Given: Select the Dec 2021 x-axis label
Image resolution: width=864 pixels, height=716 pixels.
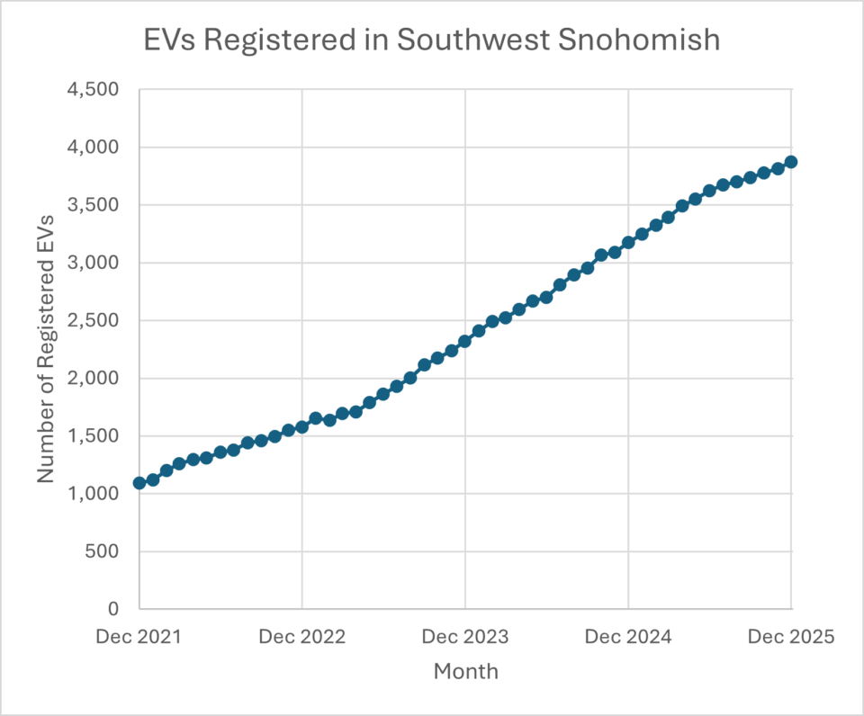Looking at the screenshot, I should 139,637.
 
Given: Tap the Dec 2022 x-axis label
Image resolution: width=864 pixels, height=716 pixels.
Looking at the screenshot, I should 301,637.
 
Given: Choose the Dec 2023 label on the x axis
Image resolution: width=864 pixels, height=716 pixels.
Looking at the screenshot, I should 465,637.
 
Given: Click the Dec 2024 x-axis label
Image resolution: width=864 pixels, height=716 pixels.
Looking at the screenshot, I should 628,637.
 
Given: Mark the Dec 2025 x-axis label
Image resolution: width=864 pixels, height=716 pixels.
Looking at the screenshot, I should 791,637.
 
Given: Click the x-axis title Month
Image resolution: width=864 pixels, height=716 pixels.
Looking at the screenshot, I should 465,671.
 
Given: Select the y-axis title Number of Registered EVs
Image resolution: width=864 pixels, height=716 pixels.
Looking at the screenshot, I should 46,349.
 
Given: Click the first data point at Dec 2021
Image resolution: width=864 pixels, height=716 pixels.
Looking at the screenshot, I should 139,483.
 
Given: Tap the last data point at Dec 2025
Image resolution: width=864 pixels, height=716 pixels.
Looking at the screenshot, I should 791,162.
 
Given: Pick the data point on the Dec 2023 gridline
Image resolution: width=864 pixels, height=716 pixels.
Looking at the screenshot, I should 465,341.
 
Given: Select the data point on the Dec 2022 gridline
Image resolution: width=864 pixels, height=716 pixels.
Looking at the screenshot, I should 302,427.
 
